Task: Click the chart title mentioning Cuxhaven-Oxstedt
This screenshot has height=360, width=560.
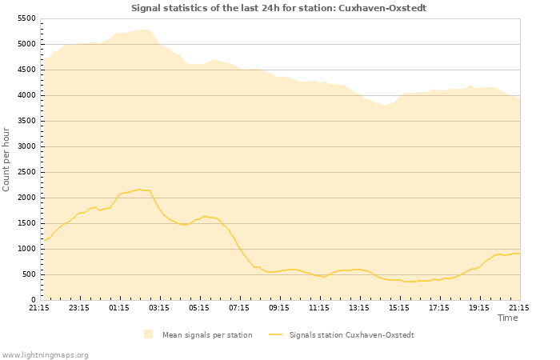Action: click(x=279, y=8)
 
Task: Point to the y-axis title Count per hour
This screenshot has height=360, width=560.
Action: click(x=6, y=158)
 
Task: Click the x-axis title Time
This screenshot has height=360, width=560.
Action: click(x=507, y=318)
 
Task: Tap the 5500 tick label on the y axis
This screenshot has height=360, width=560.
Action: click(x=26, y=18)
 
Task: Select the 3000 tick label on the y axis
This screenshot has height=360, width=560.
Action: click(x=26, y=146)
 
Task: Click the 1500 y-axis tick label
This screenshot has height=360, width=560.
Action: click(x=26, y=223)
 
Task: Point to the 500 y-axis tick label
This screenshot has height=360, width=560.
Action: click(x=29, y=274)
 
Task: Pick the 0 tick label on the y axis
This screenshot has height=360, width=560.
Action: click(x=34, y=300)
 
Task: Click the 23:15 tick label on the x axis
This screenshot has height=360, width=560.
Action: click(x=79, y=307)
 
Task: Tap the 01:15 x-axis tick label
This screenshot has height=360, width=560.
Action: click(x=119, y=307)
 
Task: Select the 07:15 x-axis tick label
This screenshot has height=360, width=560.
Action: click(x=239, y=307)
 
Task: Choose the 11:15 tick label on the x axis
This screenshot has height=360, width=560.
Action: click(x=319, y=307)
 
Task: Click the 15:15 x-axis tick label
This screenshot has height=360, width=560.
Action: click(x=399, y=307)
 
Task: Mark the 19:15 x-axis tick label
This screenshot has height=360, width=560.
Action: click(x=479, y=307)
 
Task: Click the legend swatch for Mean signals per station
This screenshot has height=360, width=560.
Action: click(x=148, y=334)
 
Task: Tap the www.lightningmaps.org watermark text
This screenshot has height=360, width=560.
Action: click(x=45, y=354)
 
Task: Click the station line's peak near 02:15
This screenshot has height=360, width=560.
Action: click(x=140, y=190)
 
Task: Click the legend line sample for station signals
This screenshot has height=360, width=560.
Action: click(x=276, y=334)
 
